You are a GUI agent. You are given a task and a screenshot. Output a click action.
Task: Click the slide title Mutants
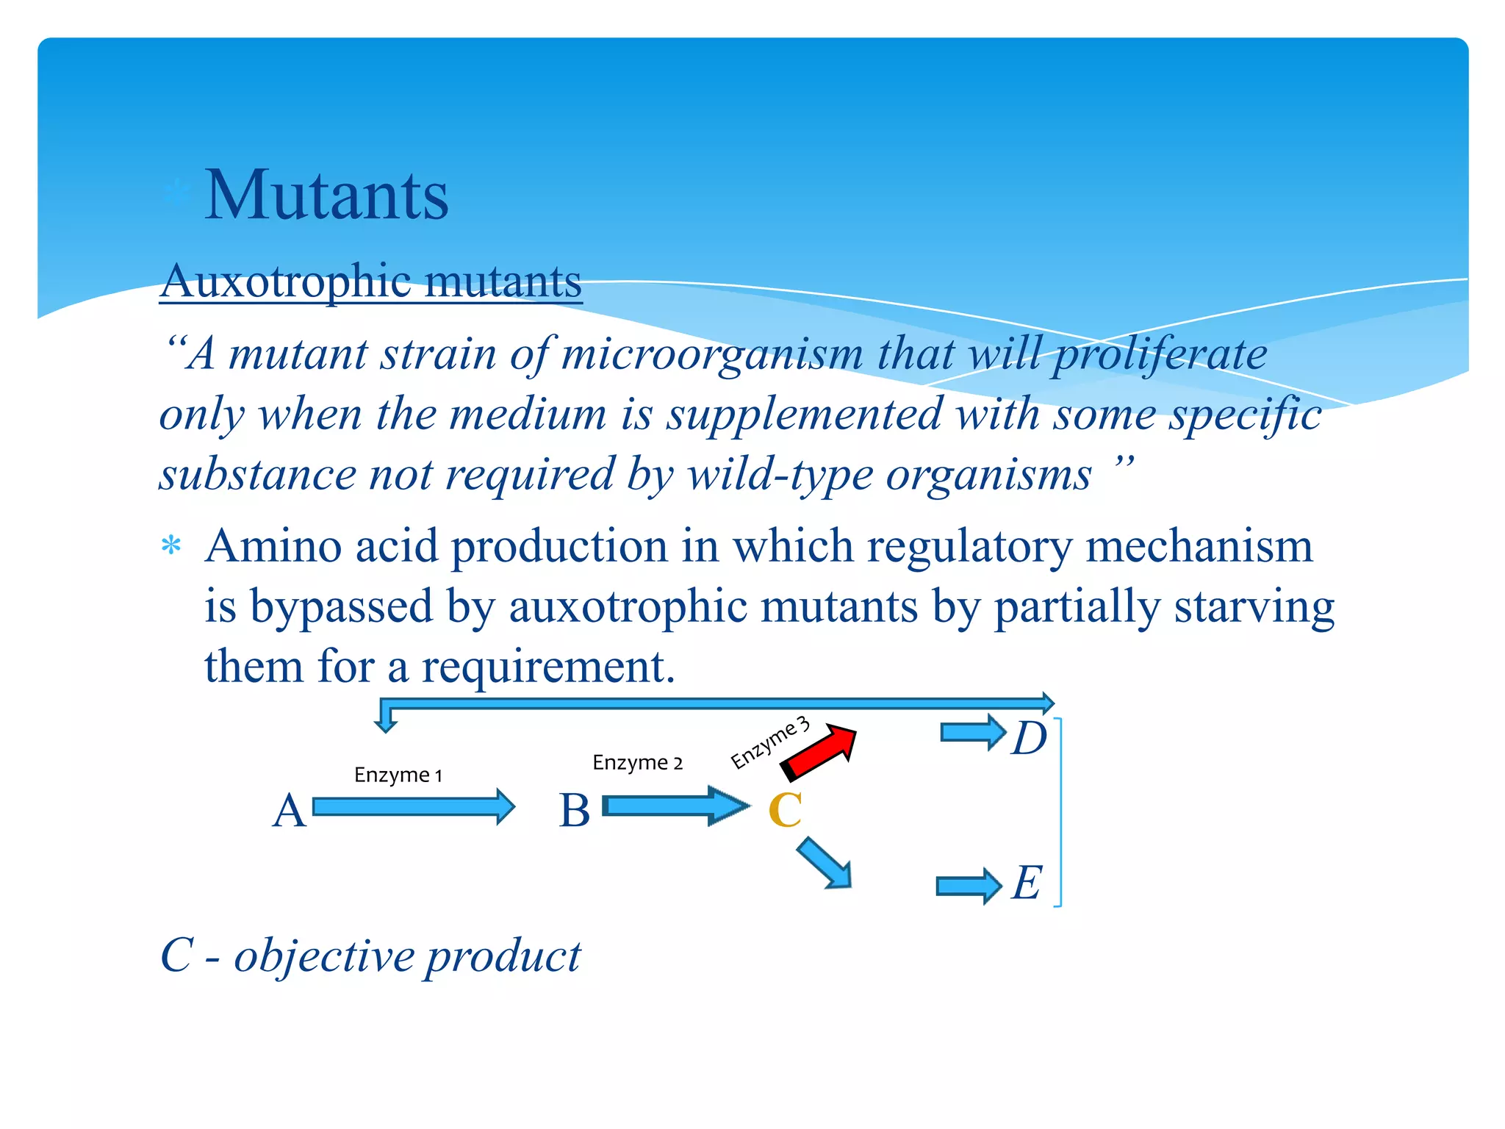point(326,195)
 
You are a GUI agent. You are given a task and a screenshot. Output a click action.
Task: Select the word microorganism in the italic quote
point(711,354)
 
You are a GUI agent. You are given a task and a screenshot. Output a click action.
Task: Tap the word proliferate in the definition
point(1159,354)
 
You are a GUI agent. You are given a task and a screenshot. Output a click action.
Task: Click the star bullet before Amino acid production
point(171,547)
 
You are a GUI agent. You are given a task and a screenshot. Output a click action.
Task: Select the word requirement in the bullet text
point(547,667)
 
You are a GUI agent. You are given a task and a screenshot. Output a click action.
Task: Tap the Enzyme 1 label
point(398,775)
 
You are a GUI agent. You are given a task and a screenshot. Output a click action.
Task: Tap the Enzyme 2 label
point(637,762)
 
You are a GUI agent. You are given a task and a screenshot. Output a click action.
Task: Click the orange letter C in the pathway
point(785,810)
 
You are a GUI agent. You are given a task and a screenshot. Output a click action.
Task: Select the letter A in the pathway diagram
point(289,811)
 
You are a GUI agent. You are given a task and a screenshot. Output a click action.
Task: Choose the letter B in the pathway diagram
point(574,811)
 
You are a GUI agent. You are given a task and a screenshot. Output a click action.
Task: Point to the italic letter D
point(1028,738)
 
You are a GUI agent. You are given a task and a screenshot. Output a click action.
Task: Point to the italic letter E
point(1027,882)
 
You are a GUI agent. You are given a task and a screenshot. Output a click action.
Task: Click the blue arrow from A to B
point(413,807)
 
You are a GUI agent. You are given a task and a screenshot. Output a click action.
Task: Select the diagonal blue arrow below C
point(825,864)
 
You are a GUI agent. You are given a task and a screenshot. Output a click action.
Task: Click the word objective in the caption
point(323,956)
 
